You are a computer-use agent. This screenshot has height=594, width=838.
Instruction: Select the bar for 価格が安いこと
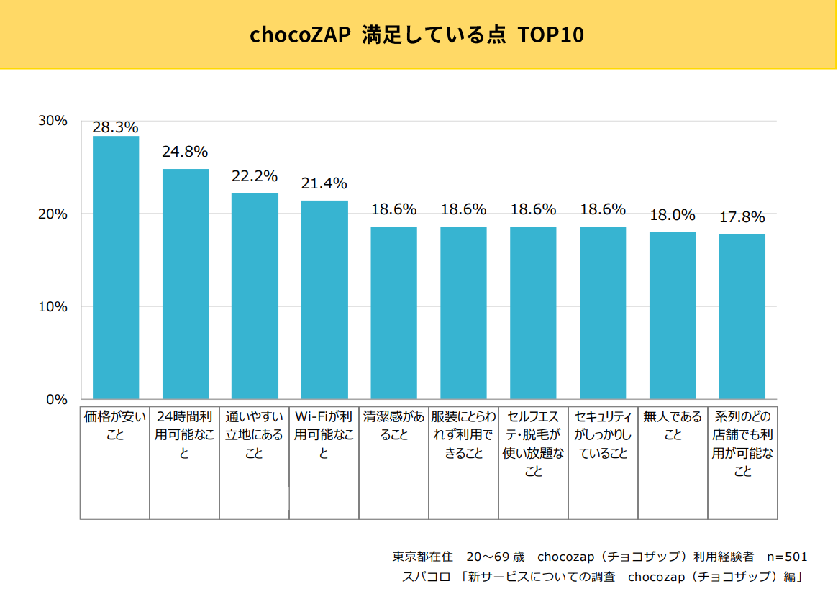115,267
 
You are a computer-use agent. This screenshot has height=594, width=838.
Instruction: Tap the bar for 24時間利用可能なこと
185,283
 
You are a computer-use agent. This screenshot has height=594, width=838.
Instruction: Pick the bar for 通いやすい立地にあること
255,296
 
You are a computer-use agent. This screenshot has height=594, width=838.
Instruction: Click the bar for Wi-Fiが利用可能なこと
324,299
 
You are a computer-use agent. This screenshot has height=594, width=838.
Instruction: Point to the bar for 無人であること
673,315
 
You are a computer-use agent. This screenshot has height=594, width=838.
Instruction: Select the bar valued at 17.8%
742,316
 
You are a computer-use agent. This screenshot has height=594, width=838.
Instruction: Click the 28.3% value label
115,127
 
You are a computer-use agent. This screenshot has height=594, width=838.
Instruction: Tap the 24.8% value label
185,152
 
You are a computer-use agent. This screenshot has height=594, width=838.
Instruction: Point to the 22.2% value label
255,176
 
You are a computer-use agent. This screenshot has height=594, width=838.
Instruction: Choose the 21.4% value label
324,183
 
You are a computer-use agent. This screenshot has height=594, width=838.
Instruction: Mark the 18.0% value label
673,215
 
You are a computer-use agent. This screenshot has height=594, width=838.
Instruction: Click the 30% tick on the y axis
53,121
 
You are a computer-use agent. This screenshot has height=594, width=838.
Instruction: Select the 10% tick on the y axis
53,307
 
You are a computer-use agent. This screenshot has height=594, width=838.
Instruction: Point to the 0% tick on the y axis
57,400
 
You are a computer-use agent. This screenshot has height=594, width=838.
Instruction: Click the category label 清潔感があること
393,426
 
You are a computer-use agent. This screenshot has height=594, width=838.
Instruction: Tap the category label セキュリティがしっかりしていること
603,435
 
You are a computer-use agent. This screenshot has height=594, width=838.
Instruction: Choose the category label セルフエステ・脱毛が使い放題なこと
533,444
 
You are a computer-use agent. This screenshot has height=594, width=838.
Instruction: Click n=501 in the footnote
787,557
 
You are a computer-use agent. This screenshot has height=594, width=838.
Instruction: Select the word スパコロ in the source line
426,577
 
